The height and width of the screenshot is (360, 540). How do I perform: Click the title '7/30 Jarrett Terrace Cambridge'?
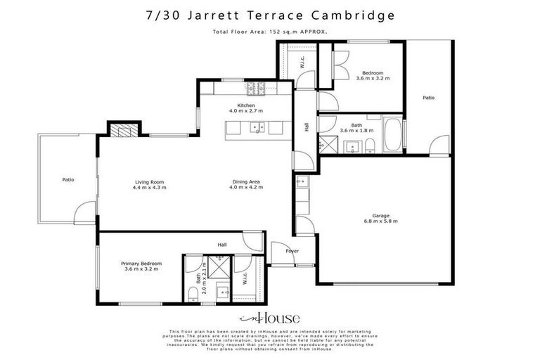coord(270,14)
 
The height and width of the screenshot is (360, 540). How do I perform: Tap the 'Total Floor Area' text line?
coord(270,31)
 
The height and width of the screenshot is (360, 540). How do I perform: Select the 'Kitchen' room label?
coord(245,105)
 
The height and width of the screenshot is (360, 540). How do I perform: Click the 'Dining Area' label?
coord(247,182)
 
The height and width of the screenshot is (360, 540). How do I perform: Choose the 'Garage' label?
coord(381,215)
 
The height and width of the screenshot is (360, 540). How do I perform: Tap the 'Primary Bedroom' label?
coord(143,263)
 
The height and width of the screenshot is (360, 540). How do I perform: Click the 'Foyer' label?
coord(292,251)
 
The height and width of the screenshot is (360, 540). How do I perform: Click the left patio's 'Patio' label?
coord(68,180)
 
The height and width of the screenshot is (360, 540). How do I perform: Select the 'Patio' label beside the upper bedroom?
coord(428,98)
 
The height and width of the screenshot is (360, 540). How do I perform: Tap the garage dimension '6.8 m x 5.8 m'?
coord(381,221)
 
